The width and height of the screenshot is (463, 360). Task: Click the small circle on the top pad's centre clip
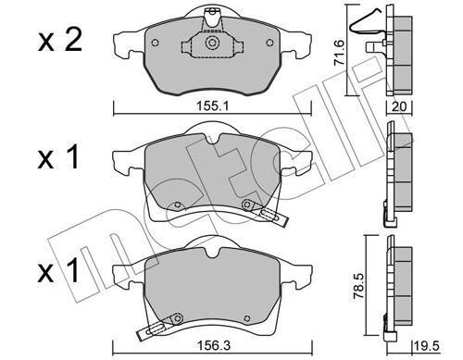coord(213,43)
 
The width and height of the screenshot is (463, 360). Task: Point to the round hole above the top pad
coord(214,12)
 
